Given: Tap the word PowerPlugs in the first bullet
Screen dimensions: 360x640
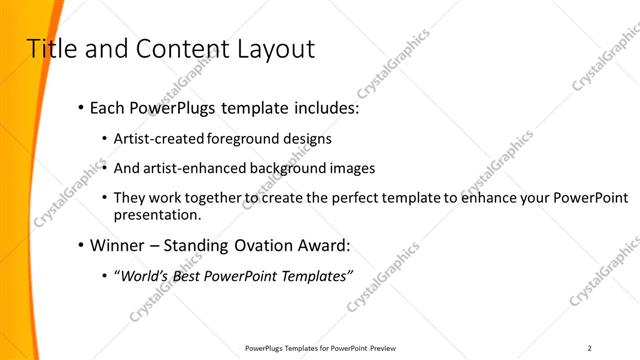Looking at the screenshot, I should (x=176, y=108).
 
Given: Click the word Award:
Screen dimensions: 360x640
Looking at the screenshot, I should (x=326, y=245).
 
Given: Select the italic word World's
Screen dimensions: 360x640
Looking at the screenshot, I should (x=144, y=276).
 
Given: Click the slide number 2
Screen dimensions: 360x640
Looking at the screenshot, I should (x=589, y=348).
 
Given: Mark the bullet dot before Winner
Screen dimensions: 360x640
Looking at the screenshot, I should (x=80, y=246).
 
